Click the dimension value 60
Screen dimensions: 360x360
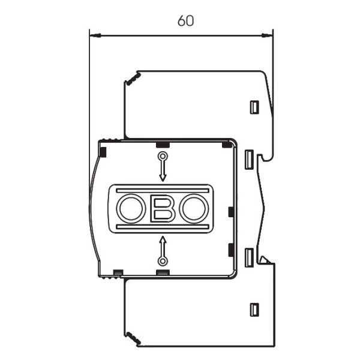coord(185,20)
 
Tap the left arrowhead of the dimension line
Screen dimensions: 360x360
coord(93,36)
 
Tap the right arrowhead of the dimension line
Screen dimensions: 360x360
coord(269,36)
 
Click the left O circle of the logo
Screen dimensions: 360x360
coord(128,209)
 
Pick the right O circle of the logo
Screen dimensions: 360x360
coord(195,209)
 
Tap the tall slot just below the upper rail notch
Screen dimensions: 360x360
coord(250,160)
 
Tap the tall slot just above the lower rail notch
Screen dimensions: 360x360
coord(250,257)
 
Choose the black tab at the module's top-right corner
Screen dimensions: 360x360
coord(227,143)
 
